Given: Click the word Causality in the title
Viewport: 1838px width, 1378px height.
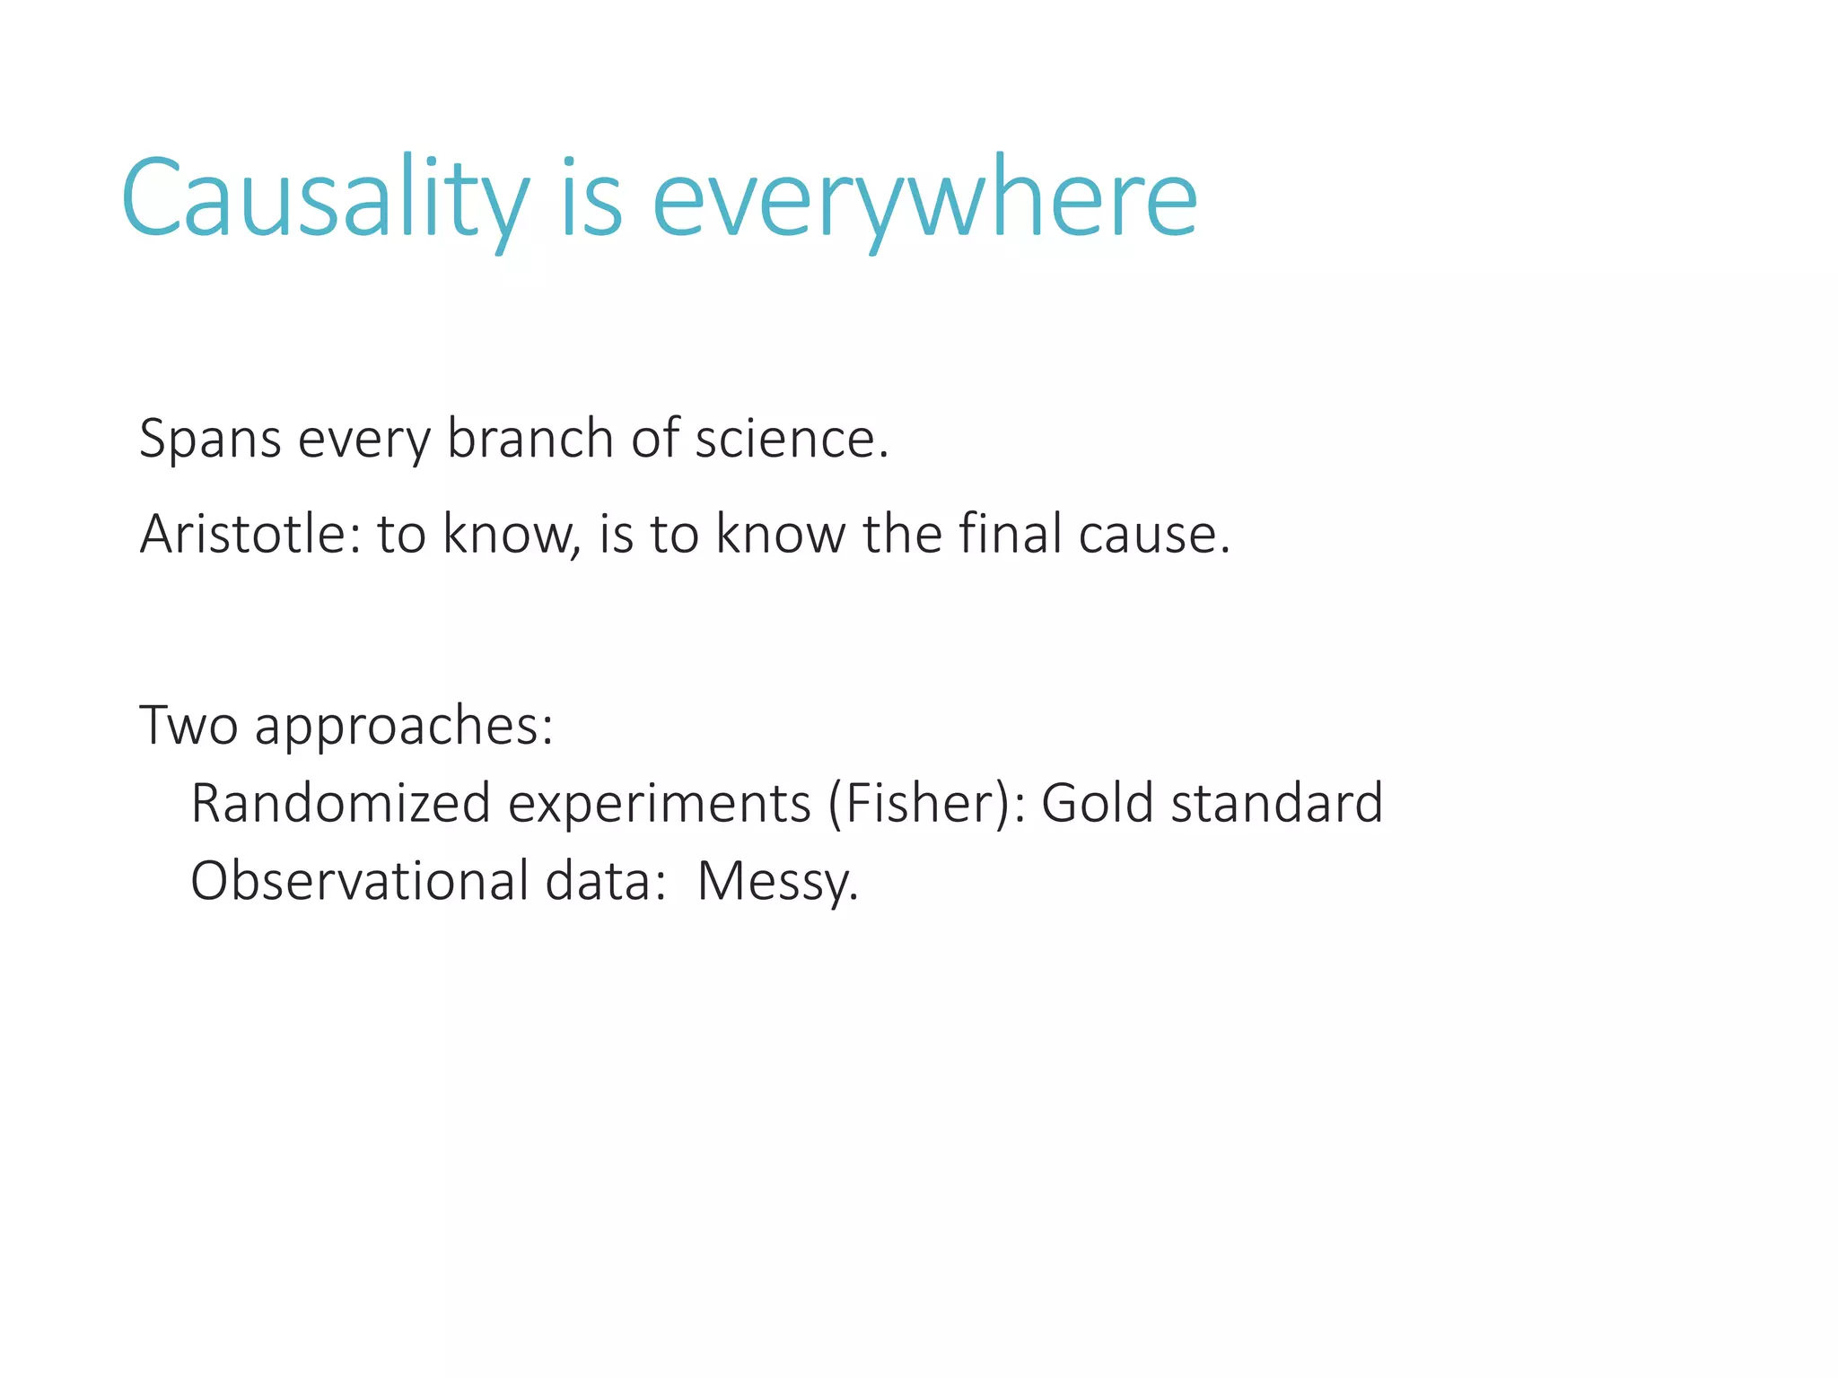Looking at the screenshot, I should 325,199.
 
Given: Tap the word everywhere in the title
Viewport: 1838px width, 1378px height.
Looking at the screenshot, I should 924,199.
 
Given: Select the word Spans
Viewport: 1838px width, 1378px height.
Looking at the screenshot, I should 210,440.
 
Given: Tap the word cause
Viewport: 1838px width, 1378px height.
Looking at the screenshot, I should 1151,535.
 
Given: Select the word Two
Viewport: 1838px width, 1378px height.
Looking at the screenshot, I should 188,725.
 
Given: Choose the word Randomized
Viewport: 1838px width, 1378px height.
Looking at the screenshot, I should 340,803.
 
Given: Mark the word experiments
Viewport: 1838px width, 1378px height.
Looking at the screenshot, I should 660,805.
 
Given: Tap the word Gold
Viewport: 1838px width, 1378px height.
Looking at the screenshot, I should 1097,803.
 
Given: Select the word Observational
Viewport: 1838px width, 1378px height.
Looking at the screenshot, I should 359,881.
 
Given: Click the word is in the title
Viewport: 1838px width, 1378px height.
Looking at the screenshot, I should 591,199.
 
